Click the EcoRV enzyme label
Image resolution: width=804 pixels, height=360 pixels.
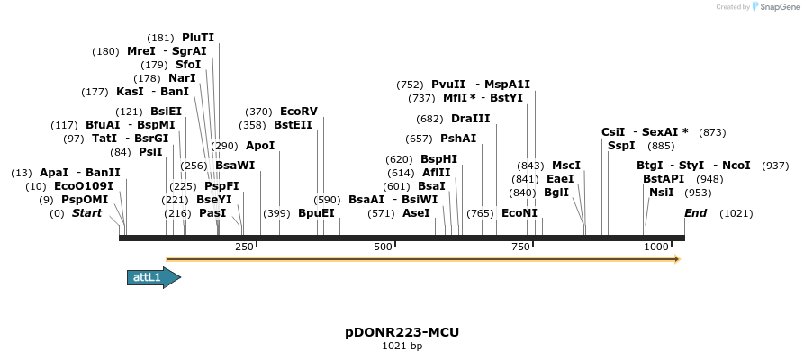(x=299, y=112)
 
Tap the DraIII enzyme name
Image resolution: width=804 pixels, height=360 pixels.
(x=471, y=119)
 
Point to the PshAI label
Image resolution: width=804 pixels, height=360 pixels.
(x=458, y=139)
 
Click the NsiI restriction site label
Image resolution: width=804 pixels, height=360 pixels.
(x=661, y=192)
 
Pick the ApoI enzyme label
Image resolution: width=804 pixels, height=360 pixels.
(x=260, y=145)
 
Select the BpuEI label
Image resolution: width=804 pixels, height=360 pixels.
(x=316, y=213)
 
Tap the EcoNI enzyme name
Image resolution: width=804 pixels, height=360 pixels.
(x=519, y=213)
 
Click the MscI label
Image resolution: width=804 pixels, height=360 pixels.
(x=566, y=166)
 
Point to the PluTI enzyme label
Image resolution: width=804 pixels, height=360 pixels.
(x=198, y=38)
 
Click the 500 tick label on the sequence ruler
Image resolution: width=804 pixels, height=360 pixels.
(x=384, y=247)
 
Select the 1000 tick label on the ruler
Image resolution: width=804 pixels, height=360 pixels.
(x=657, y=247)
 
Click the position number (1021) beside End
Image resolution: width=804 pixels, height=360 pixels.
(x=736, y=213)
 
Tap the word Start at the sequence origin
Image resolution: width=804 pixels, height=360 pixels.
(x=86, y=213)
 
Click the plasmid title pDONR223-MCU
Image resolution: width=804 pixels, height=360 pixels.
(x=402, y=332)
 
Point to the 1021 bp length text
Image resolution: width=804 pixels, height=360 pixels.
(x=402, y=346)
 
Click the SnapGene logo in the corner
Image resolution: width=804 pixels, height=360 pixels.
(x=772, y=7)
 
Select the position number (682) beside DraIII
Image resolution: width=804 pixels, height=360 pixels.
(x=429, y=119)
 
